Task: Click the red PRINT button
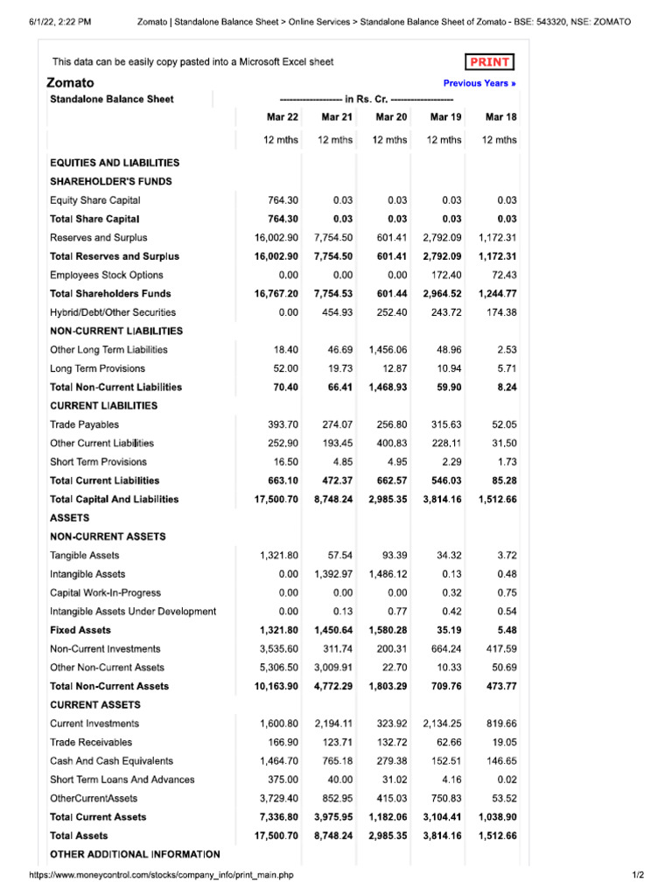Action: (490, 62)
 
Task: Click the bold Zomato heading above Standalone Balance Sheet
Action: (70, 83)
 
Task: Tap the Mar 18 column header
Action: (500, 116)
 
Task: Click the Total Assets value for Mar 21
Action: (333, 836)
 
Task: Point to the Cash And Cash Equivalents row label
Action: (111, 761)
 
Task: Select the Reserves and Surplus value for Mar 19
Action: (442, 238)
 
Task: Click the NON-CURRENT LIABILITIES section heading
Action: (116, 331)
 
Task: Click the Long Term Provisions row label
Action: (97, 368)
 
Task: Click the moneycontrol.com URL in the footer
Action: (161, 875)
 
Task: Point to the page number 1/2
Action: (637, 875)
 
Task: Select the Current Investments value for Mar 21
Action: (333, 724)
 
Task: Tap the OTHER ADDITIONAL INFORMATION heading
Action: (135, 854)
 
